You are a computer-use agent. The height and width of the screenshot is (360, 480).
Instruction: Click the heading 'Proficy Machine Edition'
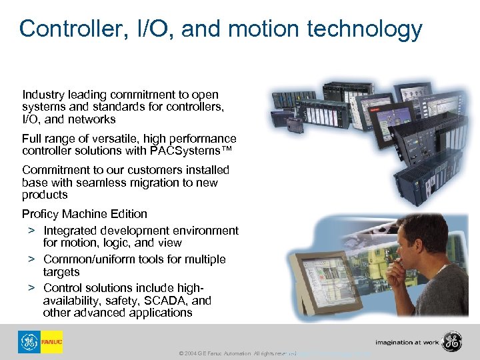tap(85, 214)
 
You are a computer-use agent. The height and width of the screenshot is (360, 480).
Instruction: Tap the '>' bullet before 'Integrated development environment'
tap(31, 231)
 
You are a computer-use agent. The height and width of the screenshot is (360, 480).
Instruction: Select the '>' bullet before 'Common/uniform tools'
tap(31, 259)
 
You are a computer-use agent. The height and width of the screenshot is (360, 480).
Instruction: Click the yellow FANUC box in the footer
tap(51, 342)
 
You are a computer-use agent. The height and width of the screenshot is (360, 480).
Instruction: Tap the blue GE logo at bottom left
tap(29, 342)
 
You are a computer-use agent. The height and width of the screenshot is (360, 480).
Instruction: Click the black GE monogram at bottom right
tap(453, 342)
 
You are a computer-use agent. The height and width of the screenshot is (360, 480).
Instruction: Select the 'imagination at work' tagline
tap(406, 343)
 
